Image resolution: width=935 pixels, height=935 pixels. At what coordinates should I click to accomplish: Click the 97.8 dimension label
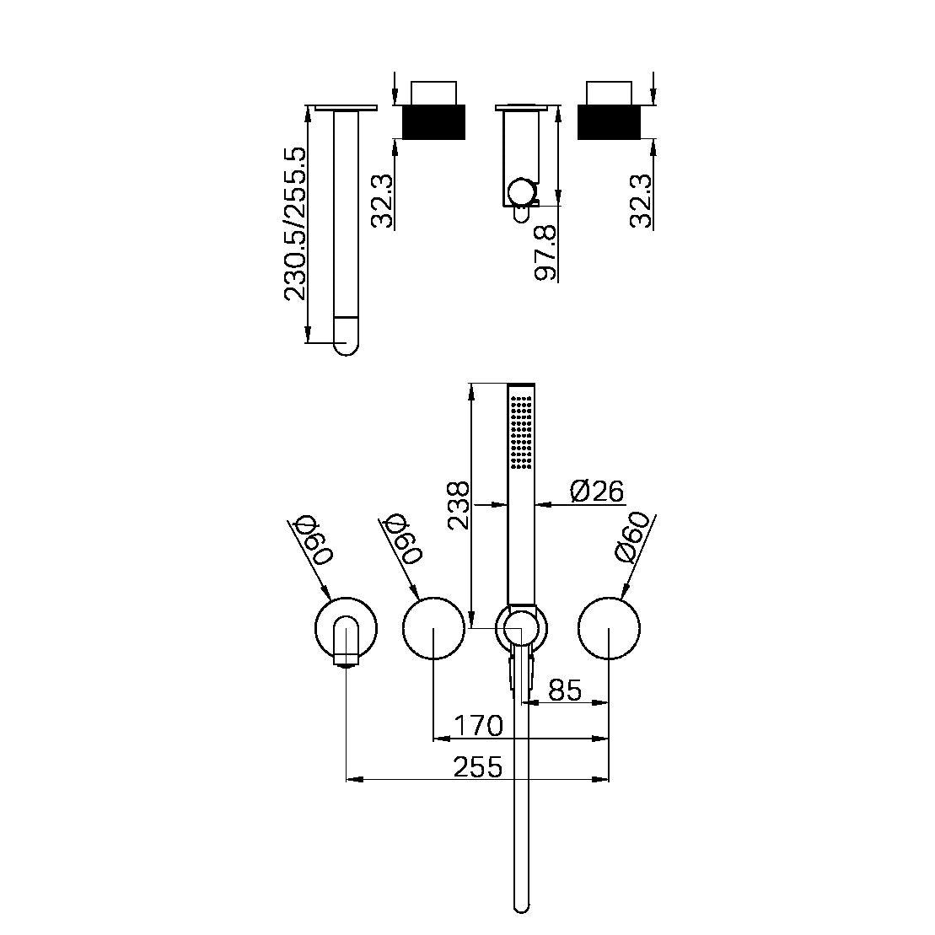(x=547, y=253)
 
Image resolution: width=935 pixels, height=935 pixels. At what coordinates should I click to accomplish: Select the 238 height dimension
(x=458, y=505)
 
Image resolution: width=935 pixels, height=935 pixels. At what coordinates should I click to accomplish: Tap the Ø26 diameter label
(x=596, y=490)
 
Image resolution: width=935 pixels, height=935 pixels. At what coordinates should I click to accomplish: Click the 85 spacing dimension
(x=565, y=690)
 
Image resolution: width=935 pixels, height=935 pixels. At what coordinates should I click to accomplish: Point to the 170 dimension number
(x=478, y=725)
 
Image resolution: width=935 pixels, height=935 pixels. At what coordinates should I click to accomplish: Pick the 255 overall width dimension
(x=478, y=767)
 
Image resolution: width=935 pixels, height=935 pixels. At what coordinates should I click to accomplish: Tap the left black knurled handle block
(x=434, y=121)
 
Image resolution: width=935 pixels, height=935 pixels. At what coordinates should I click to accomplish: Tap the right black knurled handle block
(x=609, y=121)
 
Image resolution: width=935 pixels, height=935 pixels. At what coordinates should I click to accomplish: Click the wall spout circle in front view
(x=346, y=628)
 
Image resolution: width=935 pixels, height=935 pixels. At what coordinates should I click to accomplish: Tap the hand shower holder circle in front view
(x=521, y=628)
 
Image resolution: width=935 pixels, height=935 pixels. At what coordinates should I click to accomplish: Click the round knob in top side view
(x=523, y=191)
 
